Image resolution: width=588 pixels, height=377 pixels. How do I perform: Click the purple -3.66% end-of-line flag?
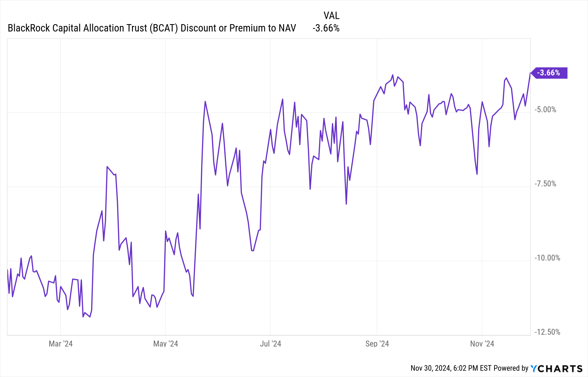pyautogui.click(x=549, y=73)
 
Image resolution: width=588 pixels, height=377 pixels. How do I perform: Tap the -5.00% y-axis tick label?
pyautogui.click(x=545, y=110)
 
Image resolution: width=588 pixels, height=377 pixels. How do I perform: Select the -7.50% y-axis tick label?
pyautogui.click(x=545, y=184)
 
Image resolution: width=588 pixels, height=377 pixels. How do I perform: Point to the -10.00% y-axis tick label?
pyautogui.click(x=547, y=258)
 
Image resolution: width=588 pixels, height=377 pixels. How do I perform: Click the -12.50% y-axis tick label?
pyautogui.click(x=547, y=332)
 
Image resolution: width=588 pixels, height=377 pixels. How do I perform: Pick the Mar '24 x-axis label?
pyautogui.click(x=61, y=344)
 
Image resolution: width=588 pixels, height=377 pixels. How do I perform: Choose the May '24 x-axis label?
pyautogui.click(x=166, y=344)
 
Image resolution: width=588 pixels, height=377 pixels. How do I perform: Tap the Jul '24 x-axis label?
pyautogui.click(x=270, y=344)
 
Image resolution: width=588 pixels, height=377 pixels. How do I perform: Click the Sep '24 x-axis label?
pyautogui.click(x=377, y=344)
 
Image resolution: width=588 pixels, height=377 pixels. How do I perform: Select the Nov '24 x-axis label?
pyautogui.click(x=482, y=344)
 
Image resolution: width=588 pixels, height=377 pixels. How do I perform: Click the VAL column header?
pyautogui.click(x=331, y=15)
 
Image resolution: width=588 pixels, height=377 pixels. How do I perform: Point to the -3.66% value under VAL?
pyautogui.click(x=326, y=28)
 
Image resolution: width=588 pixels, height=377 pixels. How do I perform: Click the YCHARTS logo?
pyautogui.click(x=556, y=368)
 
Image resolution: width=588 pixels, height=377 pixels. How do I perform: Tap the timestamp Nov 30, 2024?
pyautogui.click(x=430, y=368)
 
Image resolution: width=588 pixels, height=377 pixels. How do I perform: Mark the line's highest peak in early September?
pyautogui.click(x=392, y=75)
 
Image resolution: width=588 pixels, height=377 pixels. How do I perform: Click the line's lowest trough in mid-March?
pyautogui.click(x=83, y=317)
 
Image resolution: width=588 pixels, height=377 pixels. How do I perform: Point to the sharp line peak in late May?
pyautogui.click(x=205, y=102)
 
